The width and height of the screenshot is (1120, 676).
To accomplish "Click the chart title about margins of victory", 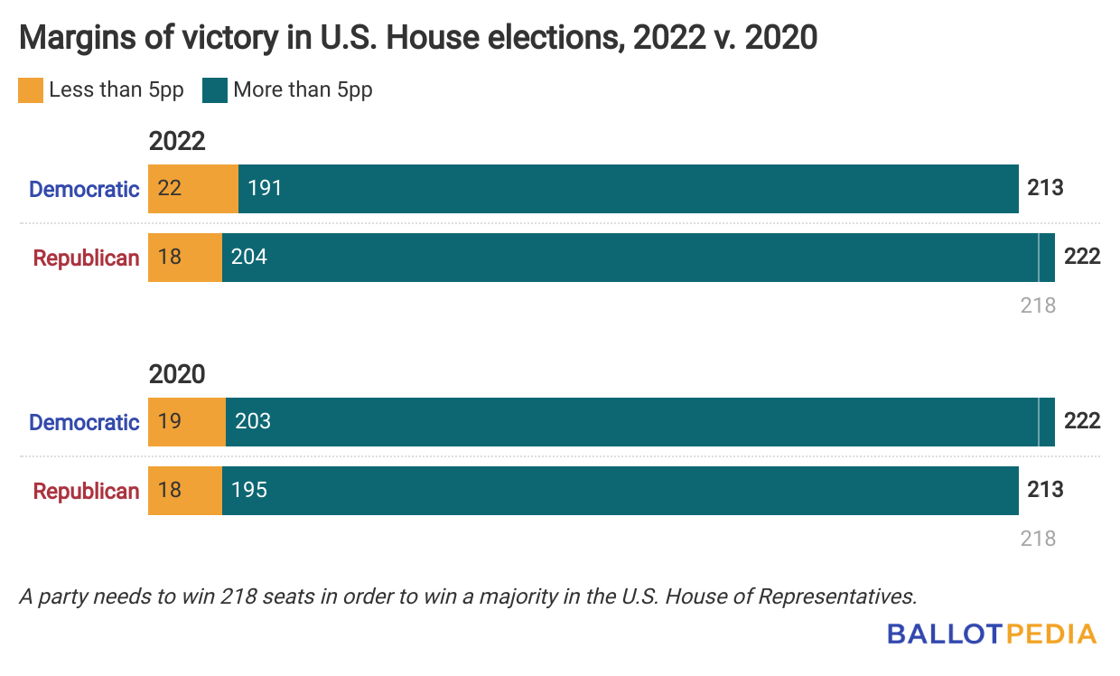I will click(x=418, y=37).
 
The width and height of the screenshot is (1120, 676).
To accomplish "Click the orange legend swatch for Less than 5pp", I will click(x=30, y=90).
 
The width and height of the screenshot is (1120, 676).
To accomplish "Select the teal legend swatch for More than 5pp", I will click(x=215, y=90).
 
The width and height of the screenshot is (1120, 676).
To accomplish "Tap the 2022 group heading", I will click(x=177, y=142).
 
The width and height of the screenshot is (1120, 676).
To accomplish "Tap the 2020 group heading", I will click(x=177, y=375).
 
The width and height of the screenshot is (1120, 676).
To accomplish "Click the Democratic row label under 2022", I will click(x=84, y=189).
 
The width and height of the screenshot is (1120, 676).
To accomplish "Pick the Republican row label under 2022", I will click(x=86, y=258).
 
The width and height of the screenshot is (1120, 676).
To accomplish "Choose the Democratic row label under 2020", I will click(x=84, y=422).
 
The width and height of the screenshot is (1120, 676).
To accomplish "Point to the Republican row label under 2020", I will click(x=86, y=491).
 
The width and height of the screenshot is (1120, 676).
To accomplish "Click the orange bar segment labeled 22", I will click(x=193, y=189).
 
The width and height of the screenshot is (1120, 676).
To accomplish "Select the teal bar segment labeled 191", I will click(x=628, y=189).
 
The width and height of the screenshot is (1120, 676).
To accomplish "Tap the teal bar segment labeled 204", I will click(x=630, y=258).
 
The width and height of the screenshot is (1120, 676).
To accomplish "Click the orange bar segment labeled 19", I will click(x=187, y=422).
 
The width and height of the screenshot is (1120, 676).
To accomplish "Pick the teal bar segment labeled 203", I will click(x=631, y=422).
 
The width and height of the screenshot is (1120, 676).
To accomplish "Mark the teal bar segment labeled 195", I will click(x=620, y=491).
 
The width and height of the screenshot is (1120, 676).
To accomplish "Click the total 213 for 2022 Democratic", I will click(x=1045, y=189).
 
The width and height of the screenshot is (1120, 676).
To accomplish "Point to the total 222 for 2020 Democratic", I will click(x=1082, y=422).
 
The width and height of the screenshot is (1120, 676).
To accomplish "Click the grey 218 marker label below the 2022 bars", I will click(x=1038, y=305).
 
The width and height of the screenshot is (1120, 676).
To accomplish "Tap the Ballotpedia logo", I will click(x=991, y=634).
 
